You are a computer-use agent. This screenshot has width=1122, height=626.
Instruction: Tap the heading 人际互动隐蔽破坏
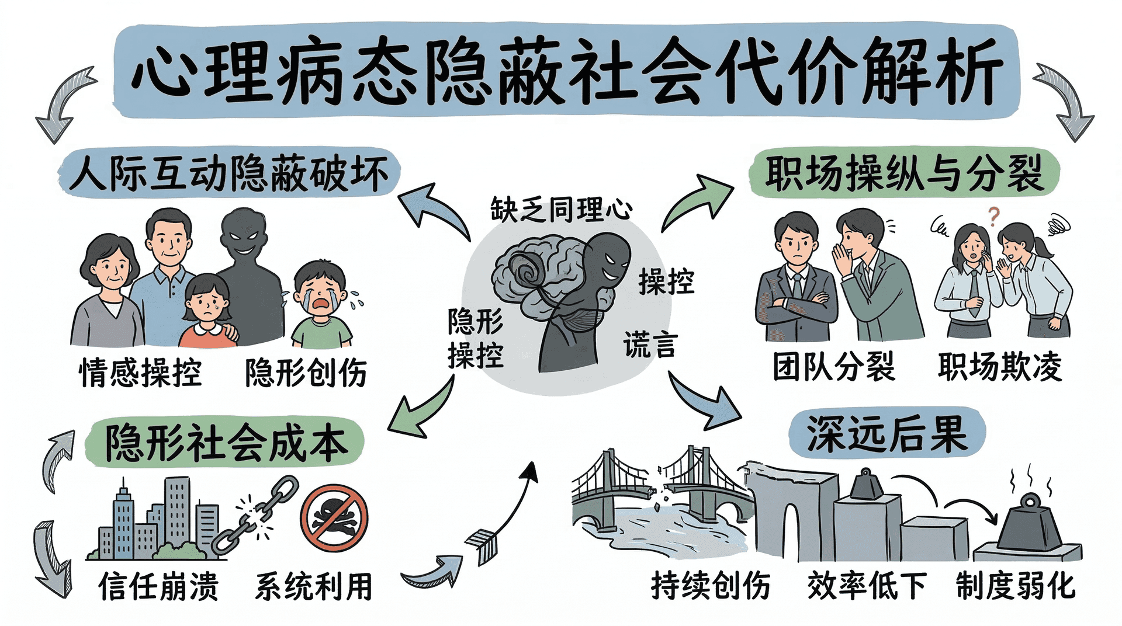pos(229,173)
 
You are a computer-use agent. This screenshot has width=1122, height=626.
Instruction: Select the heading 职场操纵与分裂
pos(903,173)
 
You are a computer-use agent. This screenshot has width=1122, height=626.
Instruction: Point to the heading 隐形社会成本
pos(226,443)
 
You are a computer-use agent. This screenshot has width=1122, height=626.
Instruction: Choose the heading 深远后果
pos(886,434)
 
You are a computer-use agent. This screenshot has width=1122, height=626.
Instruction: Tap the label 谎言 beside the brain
pos(649,345)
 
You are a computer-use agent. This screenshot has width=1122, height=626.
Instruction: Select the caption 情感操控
pos(140,373)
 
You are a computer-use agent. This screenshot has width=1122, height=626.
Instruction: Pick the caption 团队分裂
pos(833,367)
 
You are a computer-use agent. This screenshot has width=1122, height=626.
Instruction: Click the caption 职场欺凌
pos(999,367)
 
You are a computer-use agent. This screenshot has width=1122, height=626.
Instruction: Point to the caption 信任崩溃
pos(158,586)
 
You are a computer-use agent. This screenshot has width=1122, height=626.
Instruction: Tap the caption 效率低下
pos(867,585)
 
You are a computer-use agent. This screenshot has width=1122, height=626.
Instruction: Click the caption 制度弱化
pos(1015,585)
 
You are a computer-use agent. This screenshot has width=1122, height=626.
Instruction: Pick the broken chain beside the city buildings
pos(255,514)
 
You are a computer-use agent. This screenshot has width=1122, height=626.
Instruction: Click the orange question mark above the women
pos(993,216)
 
